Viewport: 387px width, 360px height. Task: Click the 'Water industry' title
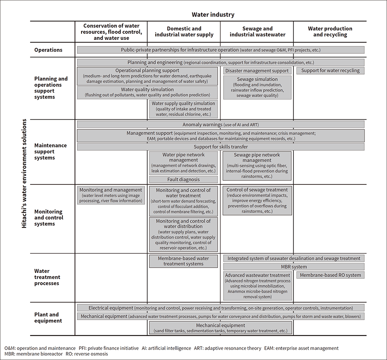(x=213, y=15)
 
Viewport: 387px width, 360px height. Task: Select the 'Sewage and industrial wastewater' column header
(x=257, y=32)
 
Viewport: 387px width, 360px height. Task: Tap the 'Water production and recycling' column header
(x=330, y=32)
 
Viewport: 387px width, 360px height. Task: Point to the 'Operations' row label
(x=48, y=50)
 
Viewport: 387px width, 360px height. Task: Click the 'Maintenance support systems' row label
(x=51, y=151)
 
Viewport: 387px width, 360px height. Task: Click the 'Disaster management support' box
(x=257, y=71)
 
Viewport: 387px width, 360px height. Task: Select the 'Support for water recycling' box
(x=330, y=71)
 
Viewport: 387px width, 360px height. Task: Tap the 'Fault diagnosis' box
(x=183, y=179)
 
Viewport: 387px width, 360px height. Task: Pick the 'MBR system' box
(x=294, y=267)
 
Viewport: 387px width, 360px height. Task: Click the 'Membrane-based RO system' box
(x=330, y=275)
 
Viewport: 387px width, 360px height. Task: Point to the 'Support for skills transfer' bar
(x=220, y=147)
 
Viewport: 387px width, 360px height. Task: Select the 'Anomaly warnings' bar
(x=220, y=124)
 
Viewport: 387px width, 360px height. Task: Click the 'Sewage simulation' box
(x=257, y=87)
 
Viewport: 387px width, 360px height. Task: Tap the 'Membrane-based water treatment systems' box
(x=183, y=261)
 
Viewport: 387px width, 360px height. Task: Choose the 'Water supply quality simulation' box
(x=183, y=109)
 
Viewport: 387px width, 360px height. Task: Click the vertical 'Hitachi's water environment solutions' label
(x=24, y=173)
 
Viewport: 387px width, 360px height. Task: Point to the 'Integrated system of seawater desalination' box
(x=294, y=259)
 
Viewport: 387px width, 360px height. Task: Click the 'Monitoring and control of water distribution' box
(x=183, y=234)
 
